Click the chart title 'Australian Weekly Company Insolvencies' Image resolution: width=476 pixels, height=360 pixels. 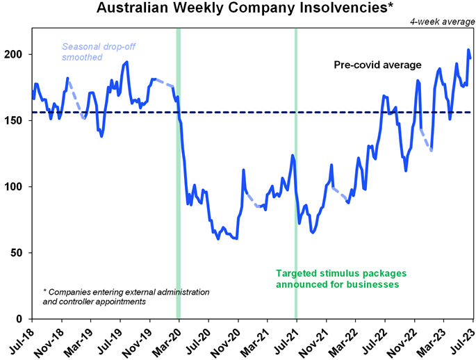[236, 9]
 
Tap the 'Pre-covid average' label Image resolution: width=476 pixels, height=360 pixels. [377, 65]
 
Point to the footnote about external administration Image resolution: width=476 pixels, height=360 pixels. [125, 297]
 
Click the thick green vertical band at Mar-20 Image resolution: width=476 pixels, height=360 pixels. [179, 174]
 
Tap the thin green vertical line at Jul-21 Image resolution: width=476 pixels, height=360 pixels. [296, 174]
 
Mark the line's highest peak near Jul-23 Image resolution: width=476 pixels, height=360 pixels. [468, 50]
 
